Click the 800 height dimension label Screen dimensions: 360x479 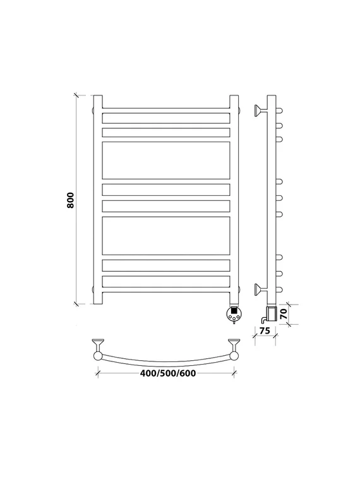71,200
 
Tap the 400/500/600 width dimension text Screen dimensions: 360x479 168,373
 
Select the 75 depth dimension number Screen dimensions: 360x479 265,331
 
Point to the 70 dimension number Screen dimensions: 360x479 284,314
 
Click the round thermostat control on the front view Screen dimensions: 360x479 234,313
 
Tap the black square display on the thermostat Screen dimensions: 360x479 234,310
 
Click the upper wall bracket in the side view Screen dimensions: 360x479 258,111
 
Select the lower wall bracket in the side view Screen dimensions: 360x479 258,289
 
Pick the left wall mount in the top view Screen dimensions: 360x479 98,344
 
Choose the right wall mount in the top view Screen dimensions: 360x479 234,344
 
